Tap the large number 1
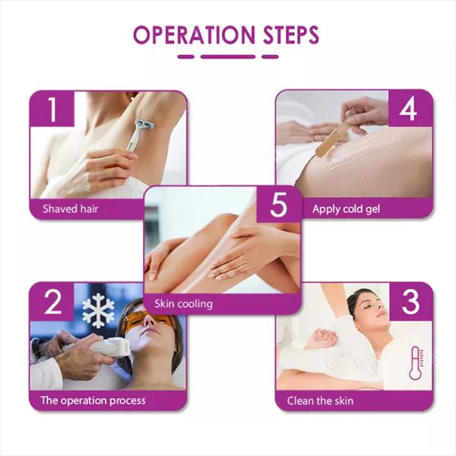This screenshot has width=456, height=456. pos(52,110)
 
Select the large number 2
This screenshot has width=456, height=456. pos(52,302)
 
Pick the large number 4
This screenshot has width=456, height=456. pos(408,110)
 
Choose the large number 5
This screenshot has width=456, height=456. pos(277,206)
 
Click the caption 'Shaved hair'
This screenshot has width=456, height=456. pos(71,208)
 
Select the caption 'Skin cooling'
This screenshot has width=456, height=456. pos(183,304)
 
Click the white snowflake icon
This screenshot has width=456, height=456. pos(99,311)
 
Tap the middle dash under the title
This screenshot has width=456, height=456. pos(227,56)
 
